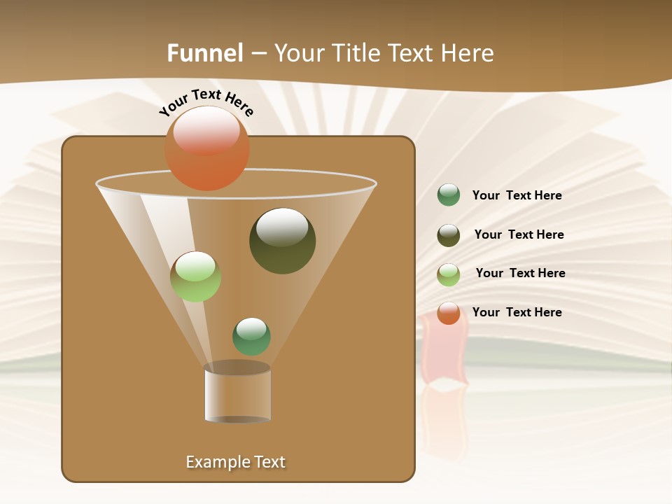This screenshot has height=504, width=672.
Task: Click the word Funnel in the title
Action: coord(205,53)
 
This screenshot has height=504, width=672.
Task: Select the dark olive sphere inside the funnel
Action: coord(282,241)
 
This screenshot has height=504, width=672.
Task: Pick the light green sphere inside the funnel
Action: coord(195,277)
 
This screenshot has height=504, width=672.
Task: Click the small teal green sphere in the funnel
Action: coord(251,337)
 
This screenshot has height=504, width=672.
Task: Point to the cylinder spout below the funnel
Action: coord(237,393)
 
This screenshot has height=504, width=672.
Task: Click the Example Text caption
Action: coord(236,462)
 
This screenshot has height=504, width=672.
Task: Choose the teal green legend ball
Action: coord(449,195)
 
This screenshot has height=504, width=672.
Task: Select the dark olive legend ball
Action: coord(449,235)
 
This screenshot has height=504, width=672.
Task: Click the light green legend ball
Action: coord(449,274)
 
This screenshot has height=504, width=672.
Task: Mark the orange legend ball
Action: coord(449,313)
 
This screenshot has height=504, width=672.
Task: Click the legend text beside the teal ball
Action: coord(517,196)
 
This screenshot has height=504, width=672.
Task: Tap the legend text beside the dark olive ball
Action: coord(519,235)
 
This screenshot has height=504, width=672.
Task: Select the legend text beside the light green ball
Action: coord(520,274)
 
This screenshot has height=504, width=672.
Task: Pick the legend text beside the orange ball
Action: coord(517,312)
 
